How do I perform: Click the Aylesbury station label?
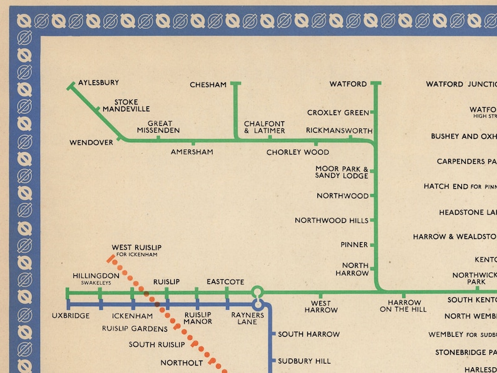98,83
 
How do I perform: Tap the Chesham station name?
208,85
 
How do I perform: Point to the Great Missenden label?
159,127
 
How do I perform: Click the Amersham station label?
192,151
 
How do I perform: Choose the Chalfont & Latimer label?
264,127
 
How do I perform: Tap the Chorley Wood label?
297,152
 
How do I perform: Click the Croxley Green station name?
338,113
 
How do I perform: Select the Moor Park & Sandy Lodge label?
342,172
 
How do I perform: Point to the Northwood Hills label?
332,220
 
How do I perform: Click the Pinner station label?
354,245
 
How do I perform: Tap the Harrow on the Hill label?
403,306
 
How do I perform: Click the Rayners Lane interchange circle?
257,292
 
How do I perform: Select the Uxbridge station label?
71,315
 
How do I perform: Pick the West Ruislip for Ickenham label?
136,250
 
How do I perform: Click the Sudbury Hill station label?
304,361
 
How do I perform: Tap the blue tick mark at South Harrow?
274,334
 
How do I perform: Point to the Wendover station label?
91,143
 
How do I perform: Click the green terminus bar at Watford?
376,83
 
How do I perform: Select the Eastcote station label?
225,282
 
